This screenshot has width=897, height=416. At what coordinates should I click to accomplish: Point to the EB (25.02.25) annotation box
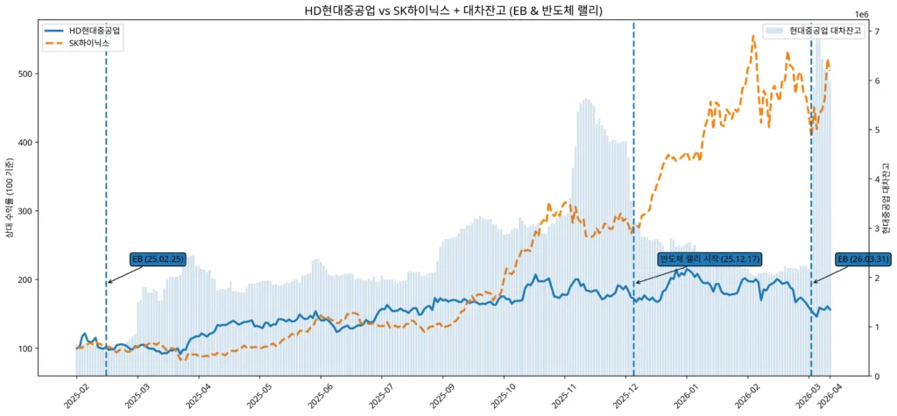[x=159, y=259]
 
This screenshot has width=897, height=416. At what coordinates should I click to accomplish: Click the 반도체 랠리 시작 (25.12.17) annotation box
[x=710, y=259]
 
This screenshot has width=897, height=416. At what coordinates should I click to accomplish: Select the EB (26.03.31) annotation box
[x=864, y=259]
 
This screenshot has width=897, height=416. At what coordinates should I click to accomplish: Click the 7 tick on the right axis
[x=878, y=32]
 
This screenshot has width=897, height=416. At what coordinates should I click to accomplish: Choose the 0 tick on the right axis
[x=878, y=377]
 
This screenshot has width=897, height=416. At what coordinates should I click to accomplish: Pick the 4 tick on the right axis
[x=878, y=180]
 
